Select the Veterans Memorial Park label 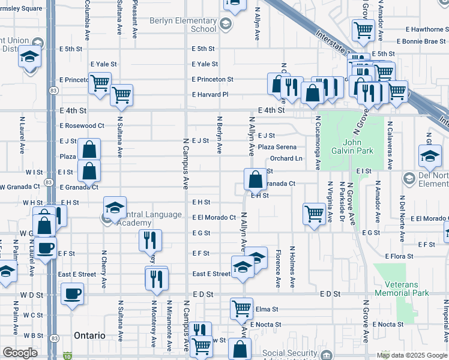pos(402,289)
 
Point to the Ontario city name pos(89,335)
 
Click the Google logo pos(20,353)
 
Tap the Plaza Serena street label pos(277,147)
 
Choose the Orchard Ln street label pos(285,159)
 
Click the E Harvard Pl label pos(210,95)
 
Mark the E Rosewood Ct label pos(82,126)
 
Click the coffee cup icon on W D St pos(73,293)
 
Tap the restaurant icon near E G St pos(150,240)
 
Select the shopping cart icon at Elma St pos(241,308)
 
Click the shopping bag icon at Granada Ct pos(255,178)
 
